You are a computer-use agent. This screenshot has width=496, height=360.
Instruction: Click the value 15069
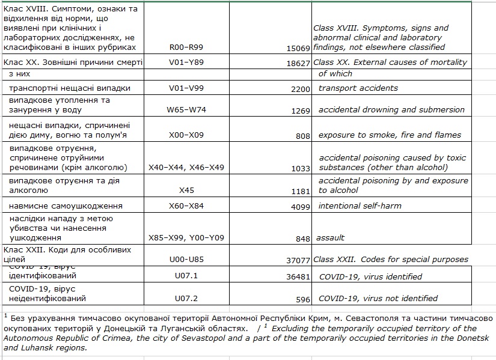pyautogui.click(x=298, y=47)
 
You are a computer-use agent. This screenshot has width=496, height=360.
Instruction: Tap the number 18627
pyautogui.click(x=298, y=63)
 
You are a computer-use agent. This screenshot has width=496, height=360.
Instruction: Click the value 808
pyautogui.click(x=302, y=136)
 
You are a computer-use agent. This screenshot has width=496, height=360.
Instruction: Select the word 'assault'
pyautogui.click(x=331, y=237)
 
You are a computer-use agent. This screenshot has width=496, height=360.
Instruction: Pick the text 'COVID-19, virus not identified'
pyautogui.click(x=378, y=298)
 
